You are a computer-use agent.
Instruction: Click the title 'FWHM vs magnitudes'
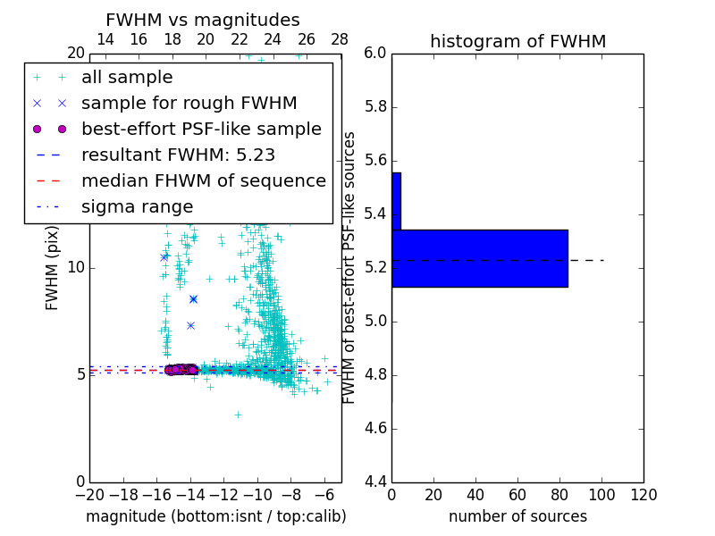(203, 21)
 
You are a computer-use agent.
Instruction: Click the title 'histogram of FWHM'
(517, 41)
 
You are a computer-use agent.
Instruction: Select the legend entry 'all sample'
(127, 78)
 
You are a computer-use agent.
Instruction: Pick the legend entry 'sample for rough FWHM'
(189, 104)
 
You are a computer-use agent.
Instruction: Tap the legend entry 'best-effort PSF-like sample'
(201, 130)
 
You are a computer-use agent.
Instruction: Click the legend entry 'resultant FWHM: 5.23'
(178, 155)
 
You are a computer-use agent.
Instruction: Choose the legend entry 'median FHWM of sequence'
(203, 181)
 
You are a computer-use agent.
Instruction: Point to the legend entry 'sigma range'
(137, 207)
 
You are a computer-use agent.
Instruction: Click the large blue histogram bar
(479, 258)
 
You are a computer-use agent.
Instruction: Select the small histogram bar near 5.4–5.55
(396, 201)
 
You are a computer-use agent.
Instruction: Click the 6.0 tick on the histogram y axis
(375, 54)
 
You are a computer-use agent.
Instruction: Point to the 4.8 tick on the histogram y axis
(375, 375)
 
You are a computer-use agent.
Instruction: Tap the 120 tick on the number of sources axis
(643, 495)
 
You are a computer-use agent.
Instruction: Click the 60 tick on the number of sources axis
(517, 495)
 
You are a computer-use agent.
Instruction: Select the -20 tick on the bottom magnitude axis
(89, 495)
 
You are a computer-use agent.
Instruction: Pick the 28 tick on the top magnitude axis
(340, 39)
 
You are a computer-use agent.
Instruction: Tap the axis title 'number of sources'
(517, 516)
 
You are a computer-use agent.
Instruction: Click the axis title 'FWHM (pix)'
(53, 268)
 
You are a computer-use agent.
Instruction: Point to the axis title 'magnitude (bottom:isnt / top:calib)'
(215, 516)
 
